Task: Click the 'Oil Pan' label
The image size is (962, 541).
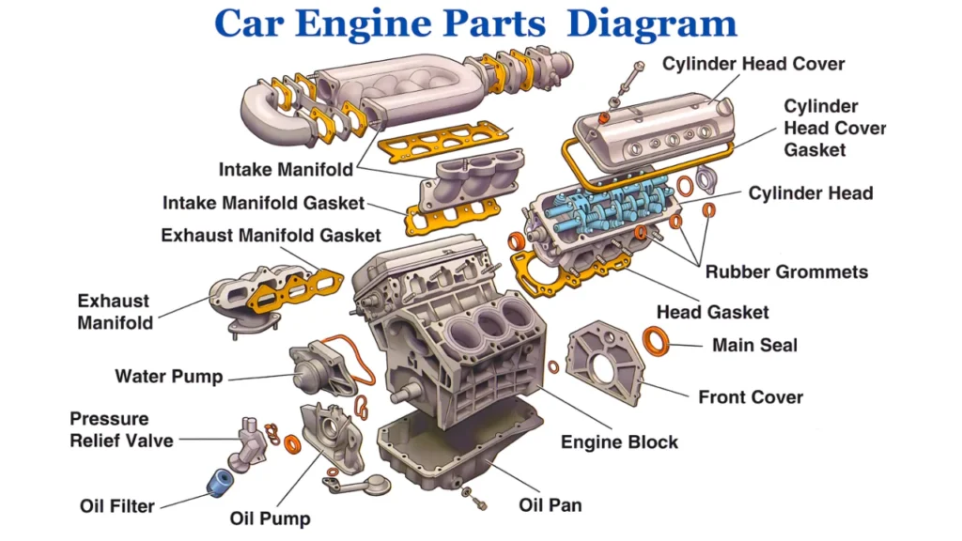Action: pos(551,505)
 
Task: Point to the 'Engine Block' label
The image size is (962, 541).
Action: pos(619,441)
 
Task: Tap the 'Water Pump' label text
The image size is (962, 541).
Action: pos(169,377)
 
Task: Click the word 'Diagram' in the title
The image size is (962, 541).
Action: pos(651,23)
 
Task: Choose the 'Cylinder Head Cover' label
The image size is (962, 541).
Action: pos(753,64)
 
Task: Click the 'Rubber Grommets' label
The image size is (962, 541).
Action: pos(786,272)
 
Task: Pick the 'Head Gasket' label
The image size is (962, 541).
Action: pos(712,312)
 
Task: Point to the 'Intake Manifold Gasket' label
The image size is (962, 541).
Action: pos(263,203)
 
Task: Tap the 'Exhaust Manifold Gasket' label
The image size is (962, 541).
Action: pos(271,235)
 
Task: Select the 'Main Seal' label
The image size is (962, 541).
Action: pos(754,345)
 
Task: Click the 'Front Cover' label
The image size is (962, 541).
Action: pos(751,396)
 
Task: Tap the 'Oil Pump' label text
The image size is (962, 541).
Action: pos(270,518)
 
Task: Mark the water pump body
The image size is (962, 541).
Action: pos(314,371)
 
